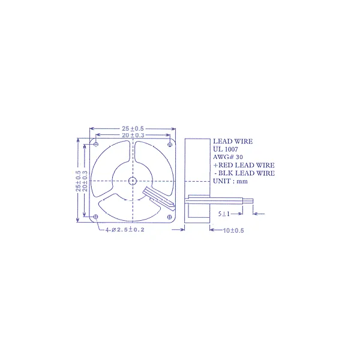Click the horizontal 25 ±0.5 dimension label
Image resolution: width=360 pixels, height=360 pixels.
coord(133,128)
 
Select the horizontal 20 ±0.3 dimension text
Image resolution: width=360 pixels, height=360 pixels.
coord(133,135)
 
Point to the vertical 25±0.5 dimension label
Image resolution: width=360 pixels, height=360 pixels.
coord(78,181)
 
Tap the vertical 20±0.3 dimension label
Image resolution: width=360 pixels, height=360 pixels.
coord(85,181)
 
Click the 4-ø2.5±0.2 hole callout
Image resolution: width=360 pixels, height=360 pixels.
coord(125,230)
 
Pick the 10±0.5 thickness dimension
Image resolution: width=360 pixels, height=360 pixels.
coord(233,230)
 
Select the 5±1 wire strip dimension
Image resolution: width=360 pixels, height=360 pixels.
coord(224,214)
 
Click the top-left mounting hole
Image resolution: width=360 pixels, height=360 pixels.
coord(96,144)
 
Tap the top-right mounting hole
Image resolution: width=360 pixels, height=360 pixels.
coord(170,145)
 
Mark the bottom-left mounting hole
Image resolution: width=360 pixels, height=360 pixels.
coord(96,217)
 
